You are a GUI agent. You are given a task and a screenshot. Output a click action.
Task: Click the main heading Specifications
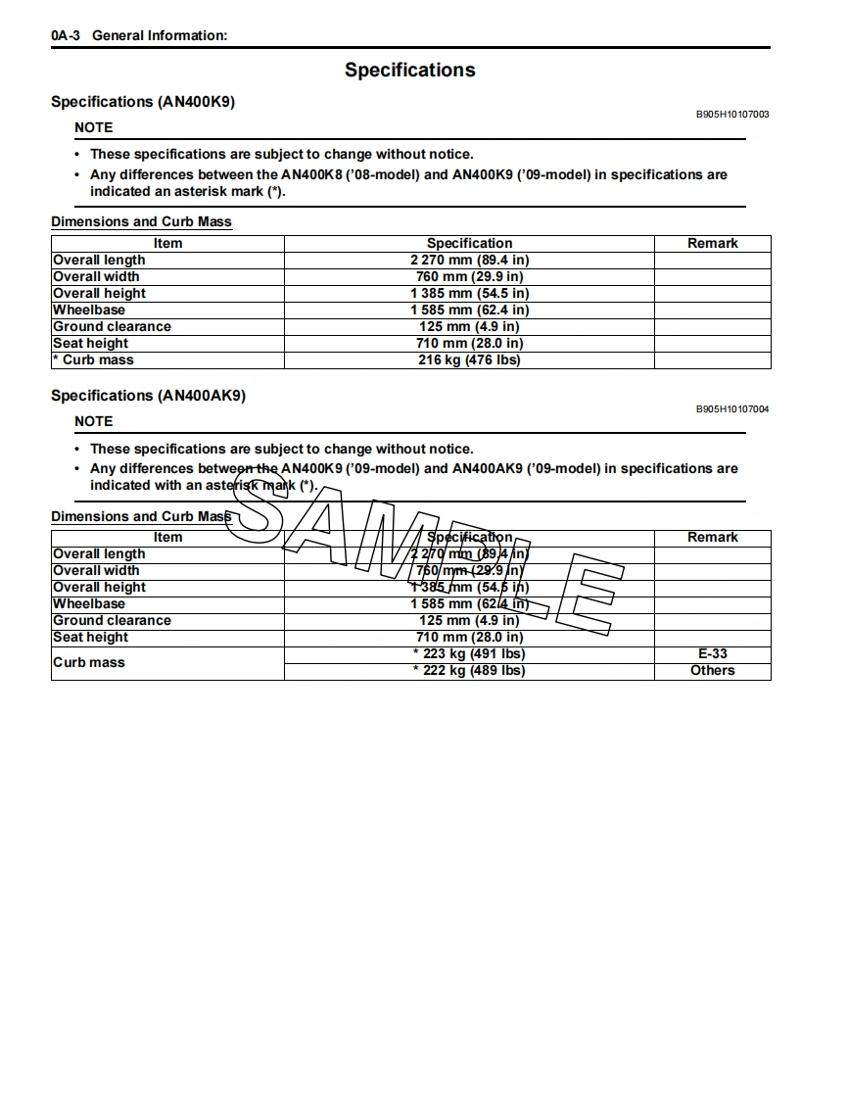point(409,70)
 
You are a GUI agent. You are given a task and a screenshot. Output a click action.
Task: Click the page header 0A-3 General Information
point(139,35)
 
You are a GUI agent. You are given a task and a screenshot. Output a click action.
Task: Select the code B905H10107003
point(732,115)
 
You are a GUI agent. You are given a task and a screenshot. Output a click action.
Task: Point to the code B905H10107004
point(732,408)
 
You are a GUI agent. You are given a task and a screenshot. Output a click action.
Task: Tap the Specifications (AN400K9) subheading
point(143,102)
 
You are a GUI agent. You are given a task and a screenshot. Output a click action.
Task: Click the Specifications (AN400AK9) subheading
point(148,396)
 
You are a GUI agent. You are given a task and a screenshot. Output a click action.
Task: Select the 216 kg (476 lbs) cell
point(469,359)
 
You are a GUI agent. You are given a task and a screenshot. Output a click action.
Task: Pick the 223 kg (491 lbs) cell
point(469,653)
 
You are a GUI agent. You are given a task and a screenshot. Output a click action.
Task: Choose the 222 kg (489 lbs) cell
point(469,670)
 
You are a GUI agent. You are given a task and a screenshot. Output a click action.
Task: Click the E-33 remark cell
point(712,653)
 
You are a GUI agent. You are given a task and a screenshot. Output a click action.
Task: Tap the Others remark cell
point(712,670)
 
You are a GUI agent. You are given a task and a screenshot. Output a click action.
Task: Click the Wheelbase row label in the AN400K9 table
point(89,310)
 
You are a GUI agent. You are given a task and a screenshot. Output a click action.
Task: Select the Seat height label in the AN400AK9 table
point(91,637)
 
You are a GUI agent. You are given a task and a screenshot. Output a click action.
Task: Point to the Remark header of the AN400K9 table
point(712,243)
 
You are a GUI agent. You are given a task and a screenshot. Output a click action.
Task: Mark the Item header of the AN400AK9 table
point(167,537)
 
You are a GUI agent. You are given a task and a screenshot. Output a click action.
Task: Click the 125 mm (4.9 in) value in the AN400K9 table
point(469,326)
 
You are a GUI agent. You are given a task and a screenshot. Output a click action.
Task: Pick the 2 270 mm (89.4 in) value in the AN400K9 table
point(469,260)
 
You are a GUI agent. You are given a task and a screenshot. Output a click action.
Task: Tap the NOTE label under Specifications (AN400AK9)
point(94,421)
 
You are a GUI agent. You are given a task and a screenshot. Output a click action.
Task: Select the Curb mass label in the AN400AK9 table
point(88,662)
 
